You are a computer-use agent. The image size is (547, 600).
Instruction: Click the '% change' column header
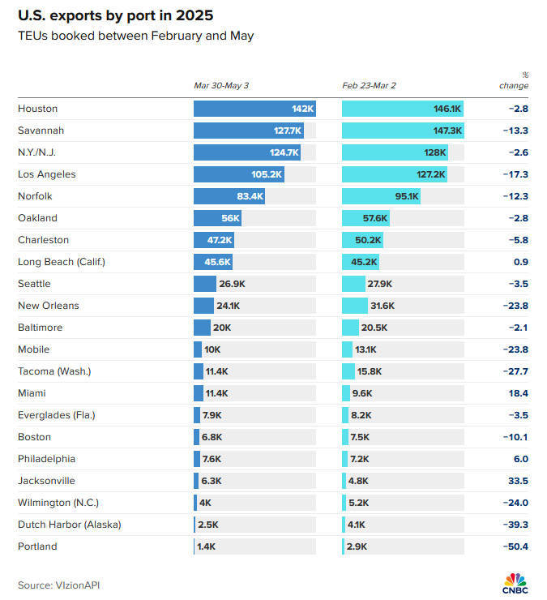pos(514,80)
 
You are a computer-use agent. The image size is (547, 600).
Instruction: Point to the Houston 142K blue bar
pos(254,109)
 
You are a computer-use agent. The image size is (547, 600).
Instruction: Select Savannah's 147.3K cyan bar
pos(403,131)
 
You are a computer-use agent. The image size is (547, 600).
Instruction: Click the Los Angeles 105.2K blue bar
pos(239,174)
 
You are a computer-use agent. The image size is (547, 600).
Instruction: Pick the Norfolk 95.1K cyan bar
pos(381,196)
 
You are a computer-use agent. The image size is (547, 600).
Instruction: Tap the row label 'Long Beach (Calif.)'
pos(62,262)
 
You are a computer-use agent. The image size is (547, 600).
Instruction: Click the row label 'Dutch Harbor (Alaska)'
pos(70,525)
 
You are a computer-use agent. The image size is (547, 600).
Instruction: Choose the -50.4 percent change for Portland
pos(515,546)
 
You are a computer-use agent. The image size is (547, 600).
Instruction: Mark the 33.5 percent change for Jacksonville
pos(518,481)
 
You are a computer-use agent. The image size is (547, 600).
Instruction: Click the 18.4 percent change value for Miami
pos(518,393)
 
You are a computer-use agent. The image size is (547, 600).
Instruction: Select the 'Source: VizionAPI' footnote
pos(59,585)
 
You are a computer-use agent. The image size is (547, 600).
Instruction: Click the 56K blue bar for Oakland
pos(217,218)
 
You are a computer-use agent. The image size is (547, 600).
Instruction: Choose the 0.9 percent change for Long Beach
pos(520,262)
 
